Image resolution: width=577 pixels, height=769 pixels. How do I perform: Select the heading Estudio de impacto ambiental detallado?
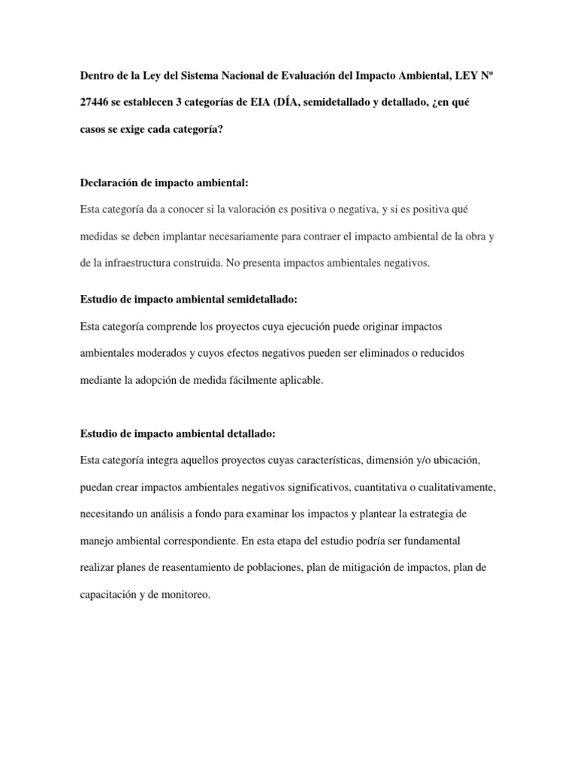[x=178, y=433]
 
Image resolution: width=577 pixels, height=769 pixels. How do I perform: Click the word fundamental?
[x=443, y=541]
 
